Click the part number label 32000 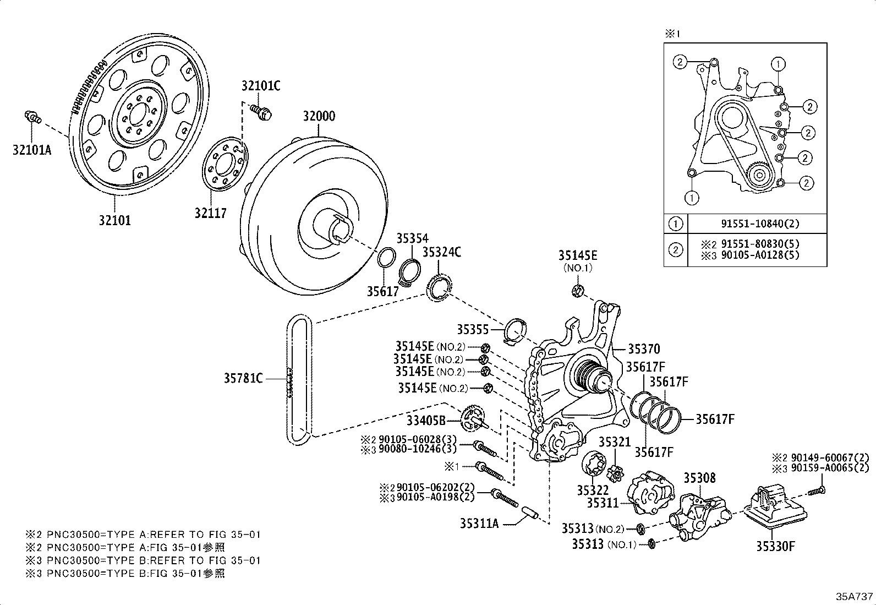pyautogui.click(x=319, y=117)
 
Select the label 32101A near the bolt pyautogui.click(x=31, y=150)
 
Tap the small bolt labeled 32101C pyautogui.click(x=261, y=112)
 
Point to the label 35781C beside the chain pyautogui.click(x=243, y=378)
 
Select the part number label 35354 pyautogui.click(x=412, y=238)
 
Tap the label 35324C pyautogui.click(x=441, y=252)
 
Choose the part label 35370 pyautogui.click(x=644, y=349)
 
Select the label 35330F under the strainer pyautogui.click(x=775, y=546)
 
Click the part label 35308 pyautogui.click(x=699, y=478)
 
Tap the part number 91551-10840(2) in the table pyautogui.click(x=760, y=224)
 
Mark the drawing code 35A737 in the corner pyautogui.click(x=855, y=596)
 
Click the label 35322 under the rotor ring pyautogui.click(x=593, y=490)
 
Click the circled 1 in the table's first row pyautogui.click(x=676, y=224)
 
